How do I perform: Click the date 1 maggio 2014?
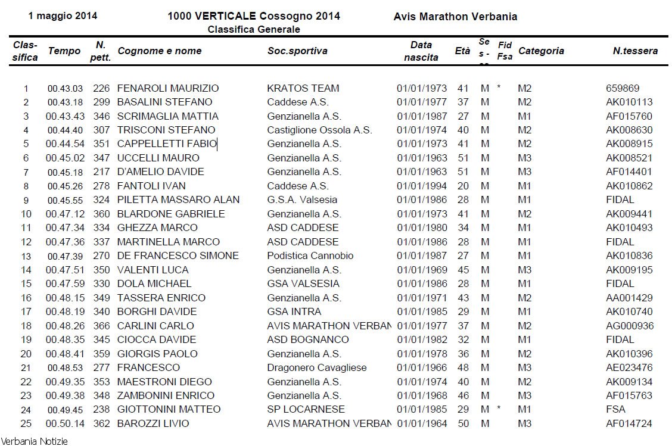(x=63, y=16)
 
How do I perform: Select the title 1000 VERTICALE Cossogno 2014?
(x=254, y=16)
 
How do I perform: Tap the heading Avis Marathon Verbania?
(x=455, y=17)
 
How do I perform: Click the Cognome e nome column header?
(x=160, y=51)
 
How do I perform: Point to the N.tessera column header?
(x=635, y=51)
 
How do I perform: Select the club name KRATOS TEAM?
(x=303, y=88)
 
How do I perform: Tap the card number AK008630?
(x=629, y=130)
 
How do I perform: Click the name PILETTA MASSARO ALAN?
(x=178, y=199)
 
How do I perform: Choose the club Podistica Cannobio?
(x=310, y=255)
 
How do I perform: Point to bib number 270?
(x=101, y=255)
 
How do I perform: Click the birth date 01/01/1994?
(x=422, y=186)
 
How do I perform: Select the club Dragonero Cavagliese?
(x=317, y=367)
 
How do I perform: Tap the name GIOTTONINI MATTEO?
(x=169, y=409)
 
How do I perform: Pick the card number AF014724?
(x=629, y=423)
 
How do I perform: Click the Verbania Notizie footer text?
(x=34, y=441)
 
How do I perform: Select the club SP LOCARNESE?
(x=306, y=409)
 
